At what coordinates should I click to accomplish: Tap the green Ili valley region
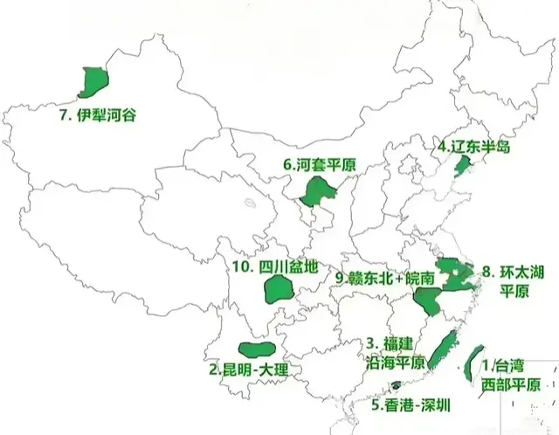93,81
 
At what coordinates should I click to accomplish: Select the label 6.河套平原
320,164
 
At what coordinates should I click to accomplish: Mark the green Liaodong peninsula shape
452,165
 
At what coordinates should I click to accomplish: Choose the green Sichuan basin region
279,289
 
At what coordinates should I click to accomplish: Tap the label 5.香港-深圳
411,404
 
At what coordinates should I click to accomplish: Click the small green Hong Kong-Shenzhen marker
397,385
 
